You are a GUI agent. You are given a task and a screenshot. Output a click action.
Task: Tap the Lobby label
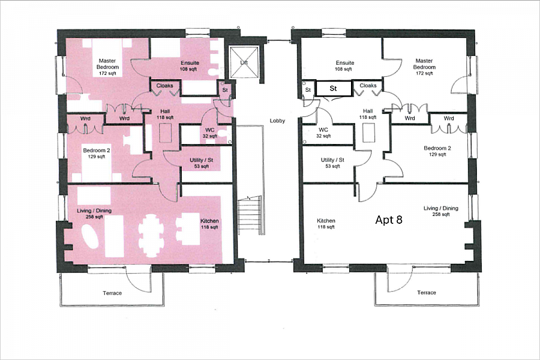[277, 121]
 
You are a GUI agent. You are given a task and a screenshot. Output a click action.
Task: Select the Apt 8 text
[388, 220]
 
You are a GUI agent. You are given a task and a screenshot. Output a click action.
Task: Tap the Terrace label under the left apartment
[112, 293]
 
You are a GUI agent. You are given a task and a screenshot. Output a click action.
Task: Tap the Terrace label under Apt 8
[427, 292]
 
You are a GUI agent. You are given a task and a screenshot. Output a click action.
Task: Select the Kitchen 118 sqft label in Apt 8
[326, 224]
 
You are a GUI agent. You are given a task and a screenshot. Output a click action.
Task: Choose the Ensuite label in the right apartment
[345, 66]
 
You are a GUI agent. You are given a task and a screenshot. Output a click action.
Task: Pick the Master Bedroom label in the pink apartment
[108, 64]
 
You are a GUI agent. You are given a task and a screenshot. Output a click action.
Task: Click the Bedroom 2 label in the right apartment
[437, 151]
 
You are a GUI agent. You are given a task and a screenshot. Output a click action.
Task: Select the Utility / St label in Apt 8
[332, 163]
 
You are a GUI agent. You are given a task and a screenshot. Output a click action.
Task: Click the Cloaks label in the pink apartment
[165, 86]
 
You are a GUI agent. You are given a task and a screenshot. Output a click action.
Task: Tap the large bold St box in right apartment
[334, 88]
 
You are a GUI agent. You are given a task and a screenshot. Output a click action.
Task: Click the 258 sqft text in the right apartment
[441, 214]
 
